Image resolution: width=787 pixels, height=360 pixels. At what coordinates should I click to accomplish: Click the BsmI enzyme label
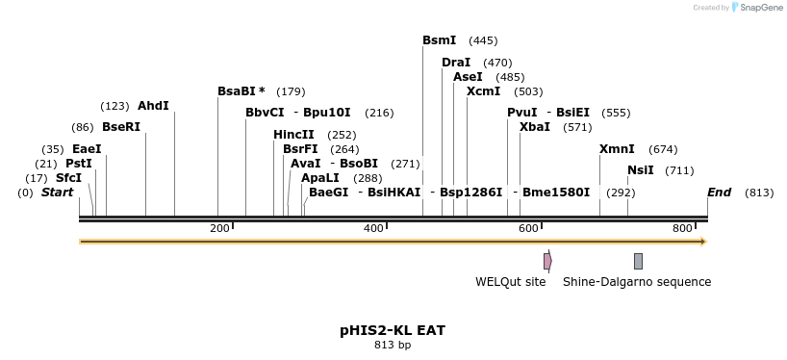pos(439,40)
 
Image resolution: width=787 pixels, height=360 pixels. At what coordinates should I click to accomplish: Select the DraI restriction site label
pos(456,63)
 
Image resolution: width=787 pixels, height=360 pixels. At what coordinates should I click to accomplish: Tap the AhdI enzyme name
pos(153,105)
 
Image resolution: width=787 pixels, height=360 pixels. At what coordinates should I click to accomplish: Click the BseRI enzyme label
pos(121,127)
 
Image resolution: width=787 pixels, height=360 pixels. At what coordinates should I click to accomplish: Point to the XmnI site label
pos(617,149)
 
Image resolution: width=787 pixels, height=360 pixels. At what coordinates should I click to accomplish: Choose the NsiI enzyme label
pos(640,170)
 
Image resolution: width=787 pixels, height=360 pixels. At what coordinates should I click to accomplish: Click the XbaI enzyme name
pos(535,127)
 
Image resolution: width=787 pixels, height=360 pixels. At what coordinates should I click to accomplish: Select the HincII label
pos(293,135)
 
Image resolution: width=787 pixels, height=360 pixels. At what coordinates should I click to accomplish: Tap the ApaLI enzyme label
pos(320,178)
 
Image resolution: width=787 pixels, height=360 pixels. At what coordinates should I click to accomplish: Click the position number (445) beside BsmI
pos(483,40)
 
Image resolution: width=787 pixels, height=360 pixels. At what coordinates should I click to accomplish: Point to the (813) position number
pos(759,193)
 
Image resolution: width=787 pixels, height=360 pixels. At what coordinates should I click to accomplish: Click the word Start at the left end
pos(58,193)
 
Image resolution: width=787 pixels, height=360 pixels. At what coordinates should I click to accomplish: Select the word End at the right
pos(720,193)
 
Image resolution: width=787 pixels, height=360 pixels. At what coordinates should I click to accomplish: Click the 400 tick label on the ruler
pos(373,228)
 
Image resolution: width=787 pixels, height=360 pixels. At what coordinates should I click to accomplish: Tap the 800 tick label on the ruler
pos(683,228)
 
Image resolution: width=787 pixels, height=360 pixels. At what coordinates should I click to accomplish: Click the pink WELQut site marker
pos(547,261)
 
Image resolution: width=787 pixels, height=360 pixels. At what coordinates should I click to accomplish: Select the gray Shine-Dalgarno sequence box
pos(638,261)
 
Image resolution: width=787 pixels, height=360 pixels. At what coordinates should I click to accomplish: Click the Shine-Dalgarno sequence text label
pos(637,282)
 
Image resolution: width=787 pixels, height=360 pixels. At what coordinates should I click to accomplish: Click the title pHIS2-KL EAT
pos(393,330)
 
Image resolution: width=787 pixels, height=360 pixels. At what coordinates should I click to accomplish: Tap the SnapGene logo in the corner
pos(760,8)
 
